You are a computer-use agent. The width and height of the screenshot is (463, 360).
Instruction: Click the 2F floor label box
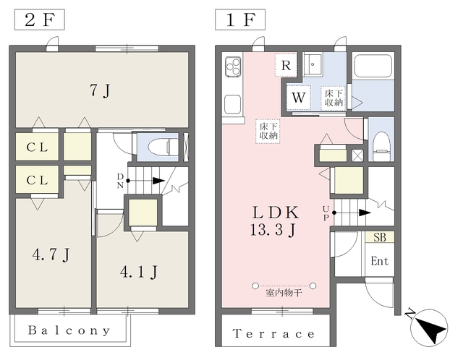coord(40,20)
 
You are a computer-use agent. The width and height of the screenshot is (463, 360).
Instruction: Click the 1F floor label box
coord(240,20)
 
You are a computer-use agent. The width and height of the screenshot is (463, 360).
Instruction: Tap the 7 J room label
coord(100,90)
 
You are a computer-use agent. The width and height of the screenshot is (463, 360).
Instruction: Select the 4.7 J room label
coord(51,254)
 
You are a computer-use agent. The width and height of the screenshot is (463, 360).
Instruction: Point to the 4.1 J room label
coord(138,272)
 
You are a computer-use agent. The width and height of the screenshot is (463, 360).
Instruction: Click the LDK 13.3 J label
coord(274,221)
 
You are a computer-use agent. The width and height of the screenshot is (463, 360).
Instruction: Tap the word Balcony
coord(69,330)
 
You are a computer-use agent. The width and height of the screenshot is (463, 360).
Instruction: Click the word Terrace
coord(273,334)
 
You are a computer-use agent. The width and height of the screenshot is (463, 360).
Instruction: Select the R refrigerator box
coord(286,65)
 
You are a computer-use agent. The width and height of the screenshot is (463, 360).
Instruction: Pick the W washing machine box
coord(299,98)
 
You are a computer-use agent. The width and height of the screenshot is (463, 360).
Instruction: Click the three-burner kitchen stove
coord(233,67)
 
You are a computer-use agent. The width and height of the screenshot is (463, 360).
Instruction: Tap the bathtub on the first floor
coord(373,66)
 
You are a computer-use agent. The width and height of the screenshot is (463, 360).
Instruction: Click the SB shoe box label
coord(380,237)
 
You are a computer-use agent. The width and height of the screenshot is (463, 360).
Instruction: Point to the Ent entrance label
coord(380,261)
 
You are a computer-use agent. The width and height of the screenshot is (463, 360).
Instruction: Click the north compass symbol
coord(429,327)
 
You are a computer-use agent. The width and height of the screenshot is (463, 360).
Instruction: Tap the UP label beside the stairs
coord(326,213)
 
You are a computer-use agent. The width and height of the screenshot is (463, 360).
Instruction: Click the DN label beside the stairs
coord(120,181)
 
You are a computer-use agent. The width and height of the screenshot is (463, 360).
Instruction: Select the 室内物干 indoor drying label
coord(284,293)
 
